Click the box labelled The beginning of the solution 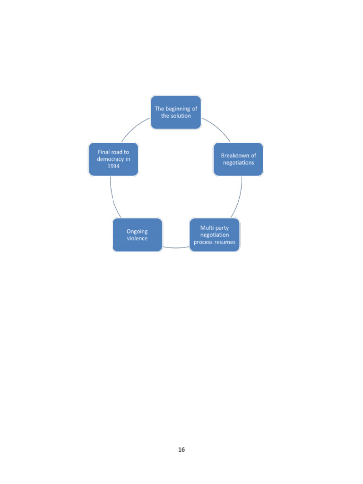tap(175, 112)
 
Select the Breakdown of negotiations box tap(238, 159)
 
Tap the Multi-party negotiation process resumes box tap(215, 234)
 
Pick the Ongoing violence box tap(137, 234)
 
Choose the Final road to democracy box tap(113, 159)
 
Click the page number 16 tap(181, 449)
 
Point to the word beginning tap(179, 109)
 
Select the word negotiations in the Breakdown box tap(238, 163)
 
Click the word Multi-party tap(215, 228)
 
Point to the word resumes tap(225, 242)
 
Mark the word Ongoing tap(137, 231)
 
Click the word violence tap(137, 238)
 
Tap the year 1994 tap(114, 166)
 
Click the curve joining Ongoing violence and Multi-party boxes tap(176, 248)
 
